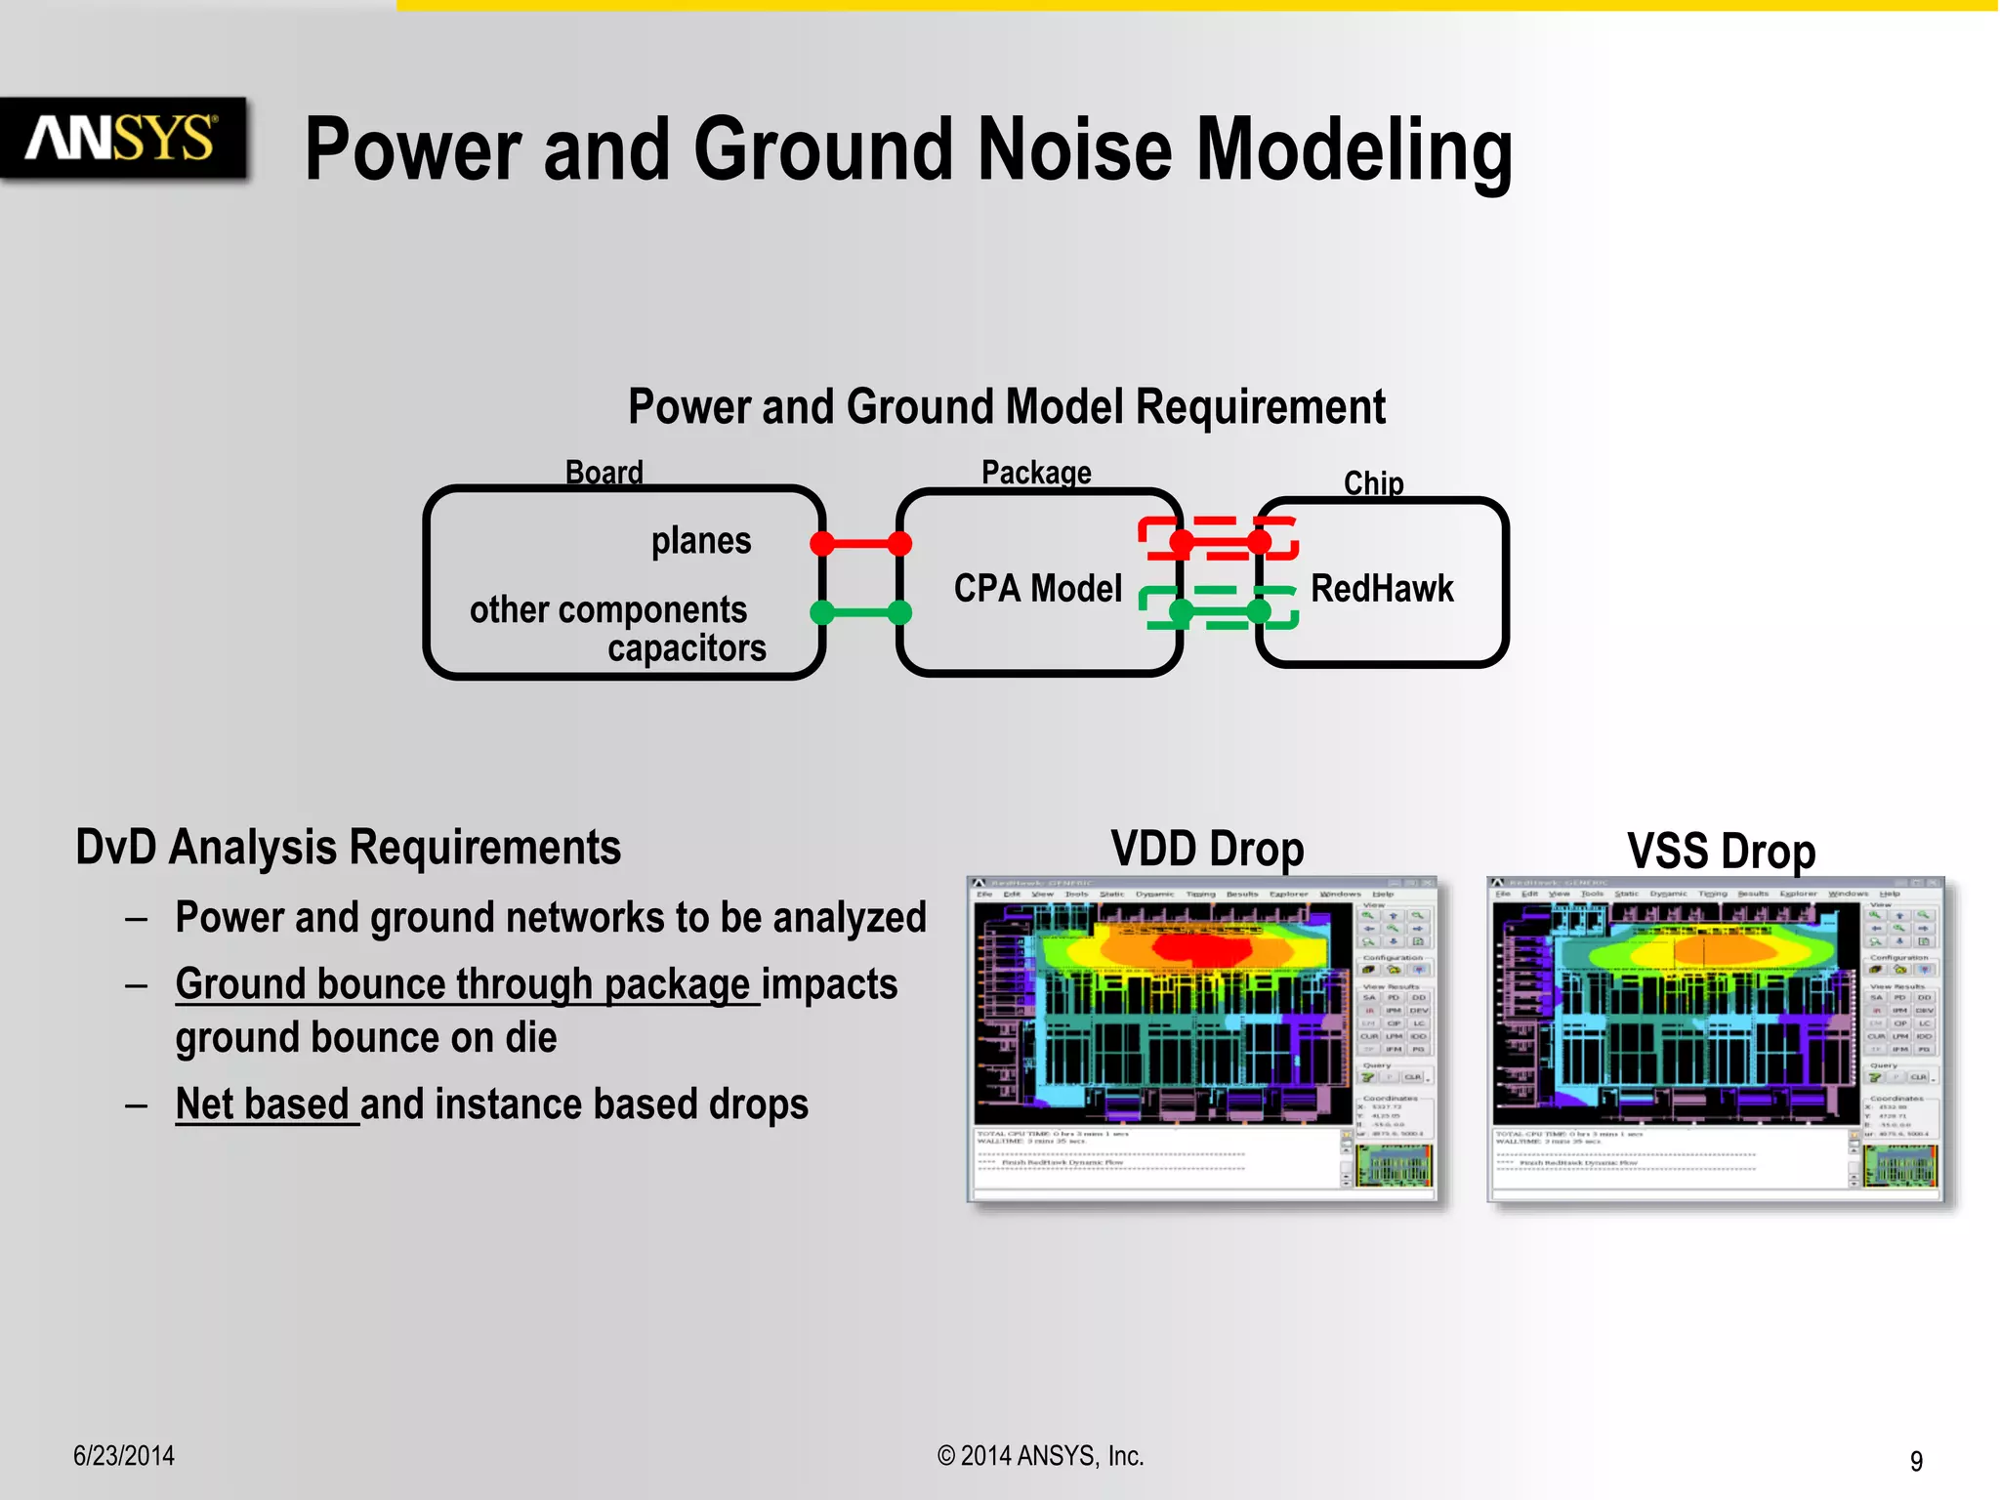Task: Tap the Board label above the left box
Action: click(604, 473)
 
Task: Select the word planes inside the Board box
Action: click(701, 541)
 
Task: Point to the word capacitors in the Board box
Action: click(687, 648)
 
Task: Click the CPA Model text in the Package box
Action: click(1037, 589)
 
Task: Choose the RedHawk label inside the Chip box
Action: click(1381, 589)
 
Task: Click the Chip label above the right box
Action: click(1373, 482)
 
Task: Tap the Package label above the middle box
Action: click(1035, 473)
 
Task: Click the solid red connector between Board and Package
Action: click(860, 544)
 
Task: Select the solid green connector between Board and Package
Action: click(860, 612)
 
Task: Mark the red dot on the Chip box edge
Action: click(1260, 541)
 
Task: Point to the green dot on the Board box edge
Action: click(822, 612)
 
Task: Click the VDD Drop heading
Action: click(1206, 849)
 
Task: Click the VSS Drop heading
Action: click(1721, 851)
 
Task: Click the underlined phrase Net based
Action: click(262, 1104)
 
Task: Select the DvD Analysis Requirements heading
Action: click(348, 848)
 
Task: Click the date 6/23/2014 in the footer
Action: click(124, 1456)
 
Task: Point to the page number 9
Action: click(1916, 1461)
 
